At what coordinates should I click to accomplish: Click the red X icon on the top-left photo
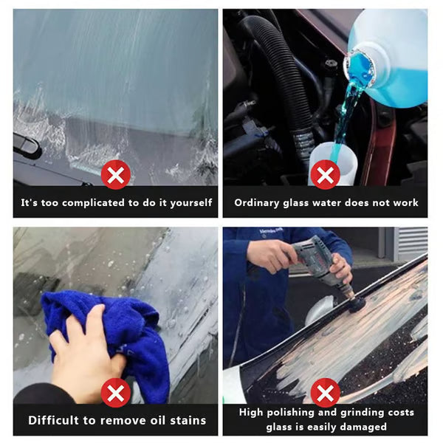tap(115, 176)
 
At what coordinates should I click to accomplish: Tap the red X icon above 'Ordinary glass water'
tap(325, 176)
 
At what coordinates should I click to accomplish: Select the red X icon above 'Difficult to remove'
tap(115, 393)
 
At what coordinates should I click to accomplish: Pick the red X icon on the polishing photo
tap(325, 393)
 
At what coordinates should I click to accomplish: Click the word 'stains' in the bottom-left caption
tap(185, 420)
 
